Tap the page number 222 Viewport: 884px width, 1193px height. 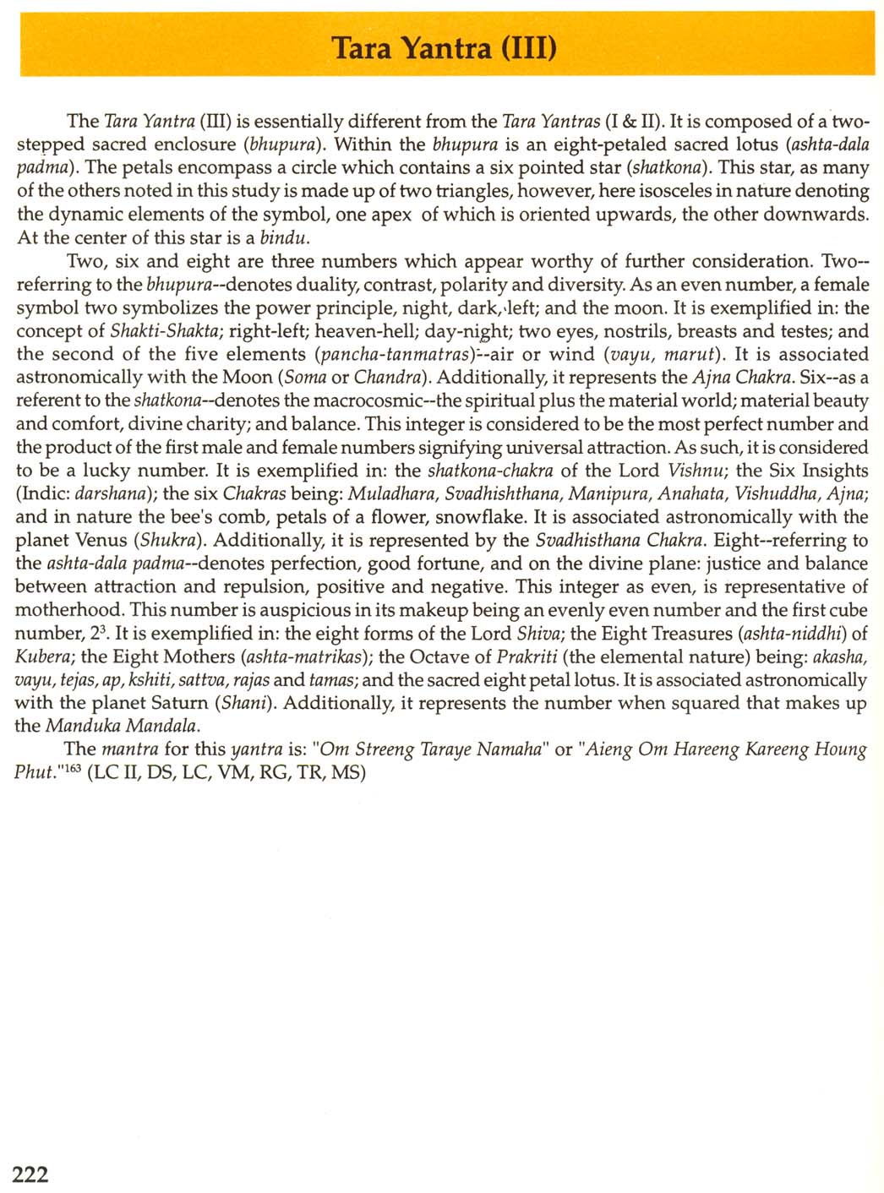(30, 1174)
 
